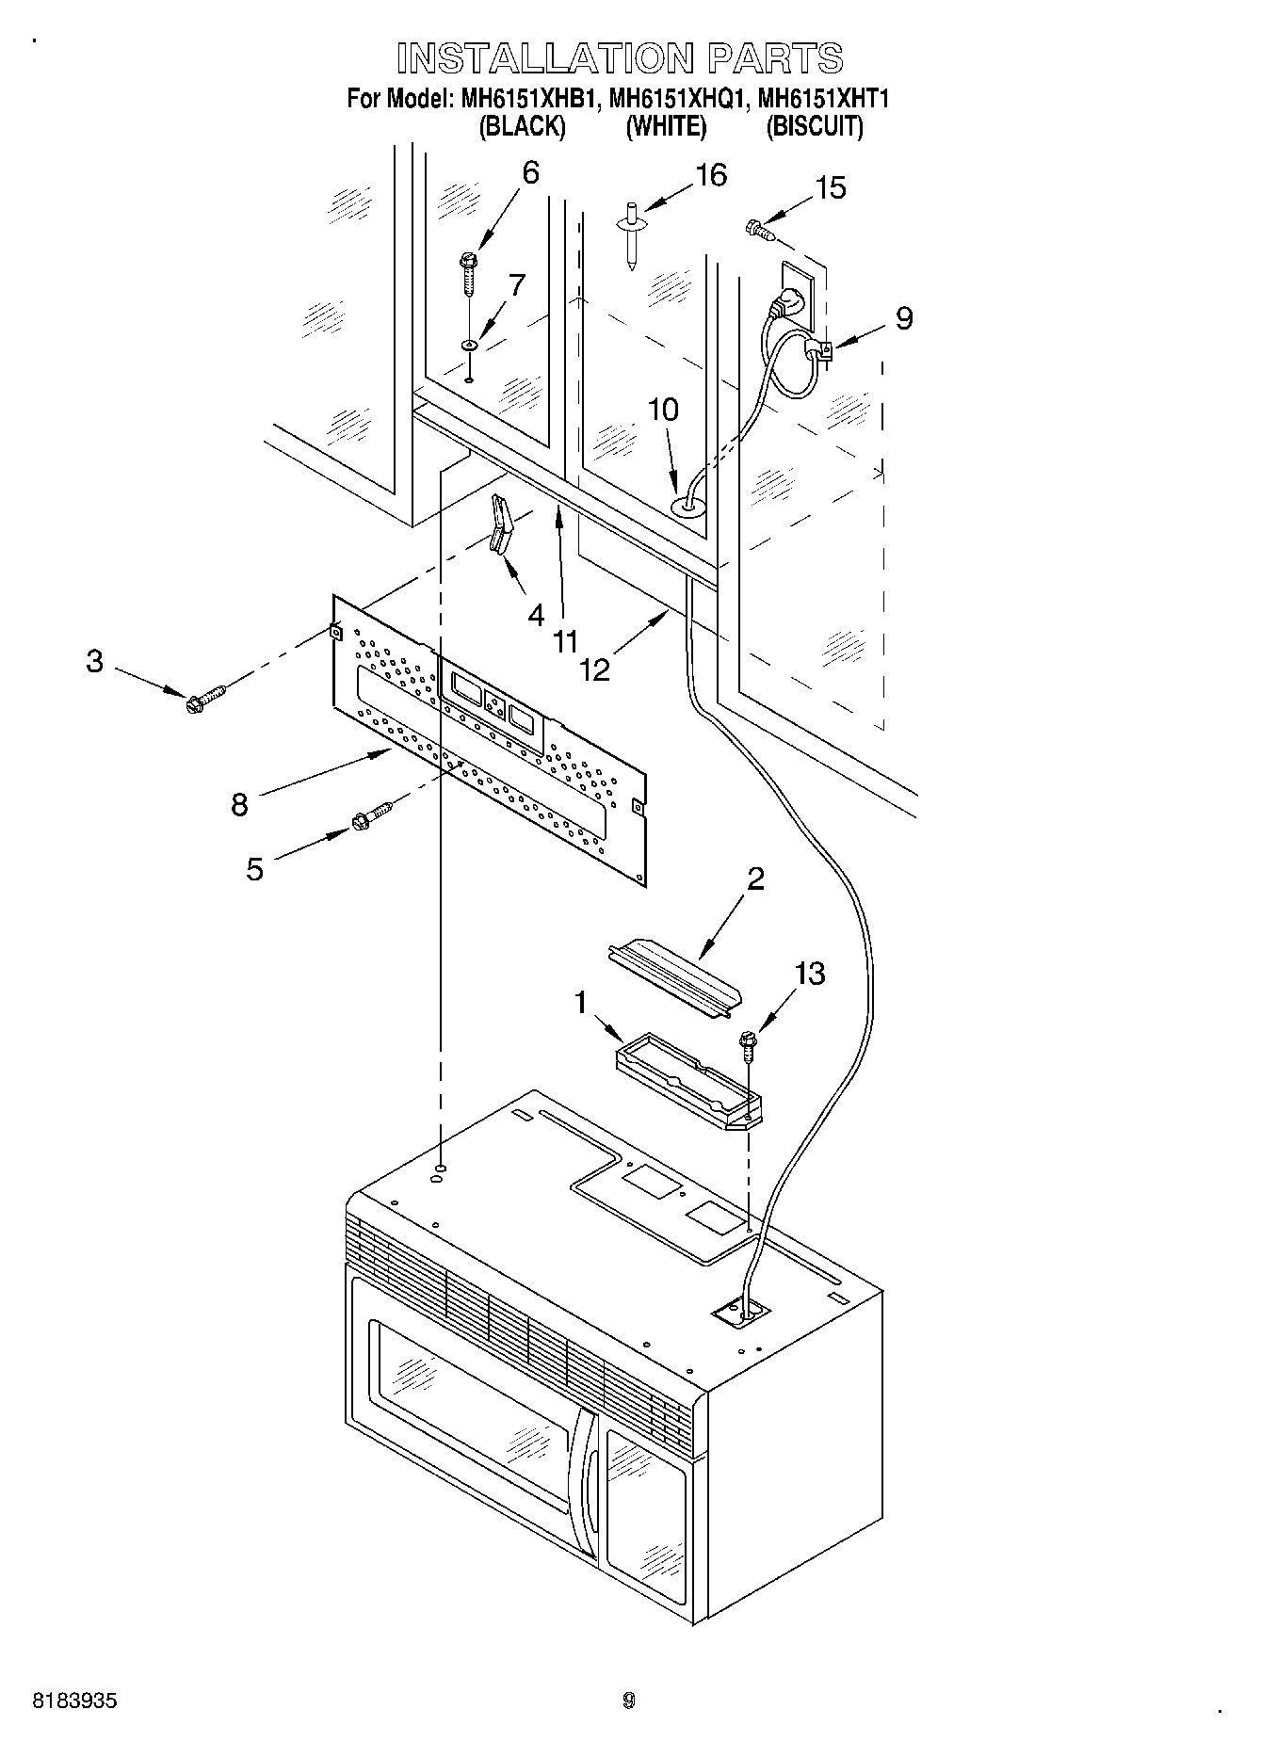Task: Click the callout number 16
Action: pos(711,175)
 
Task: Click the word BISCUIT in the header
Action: pos(814,127)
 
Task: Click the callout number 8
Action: pos(239,805)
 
